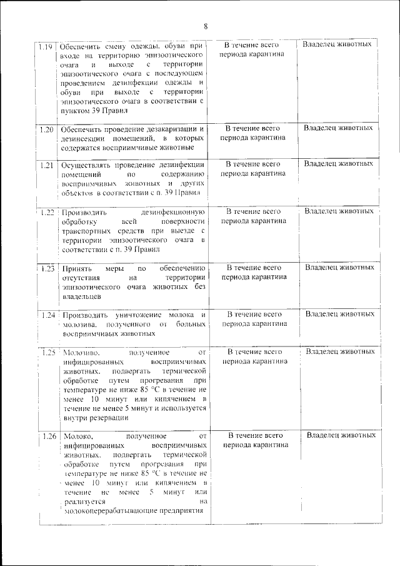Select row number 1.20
pyautogui.click(x=45, y=129)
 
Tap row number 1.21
pyautogui.click(x=45, y=165)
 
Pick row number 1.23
pyautogui.click(x=46, y=268)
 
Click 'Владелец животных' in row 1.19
pyautogui.click(x=337, y=44)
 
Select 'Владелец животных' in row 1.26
pyautogui.click(x=341, y=435)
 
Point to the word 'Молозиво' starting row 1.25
pyautogui.click(x=77, y=353)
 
